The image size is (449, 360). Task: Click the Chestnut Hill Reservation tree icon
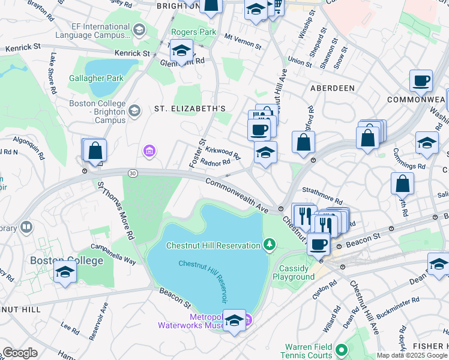[270, 244]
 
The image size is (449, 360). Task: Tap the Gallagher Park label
[96, 78]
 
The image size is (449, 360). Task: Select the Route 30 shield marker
[132, 173]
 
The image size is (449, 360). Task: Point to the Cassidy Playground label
[294, 272]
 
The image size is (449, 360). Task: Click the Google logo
[20, 352]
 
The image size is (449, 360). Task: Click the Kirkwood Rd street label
[223, 152]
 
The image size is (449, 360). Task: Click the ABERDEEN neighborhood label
[332, 88]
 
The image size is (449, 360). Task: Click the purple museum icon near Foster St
[148, 151]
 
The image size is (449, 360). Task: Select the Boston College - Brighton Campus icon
[134, 110]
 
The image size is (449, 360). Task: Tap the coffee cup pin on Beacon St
[318, 244]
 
